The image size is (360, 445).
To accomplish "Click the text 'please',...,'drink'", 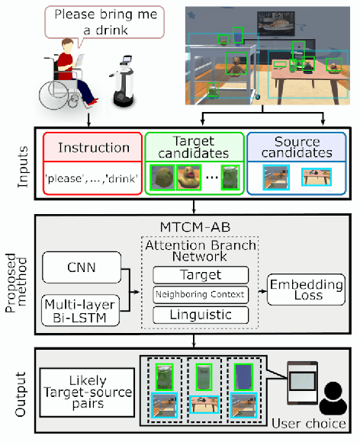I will click(93, 178).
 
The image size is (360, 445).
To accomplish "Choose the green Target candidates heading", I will click(194, 146).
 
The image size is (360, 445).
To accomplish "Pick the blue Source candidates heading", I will click(297, 146).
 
